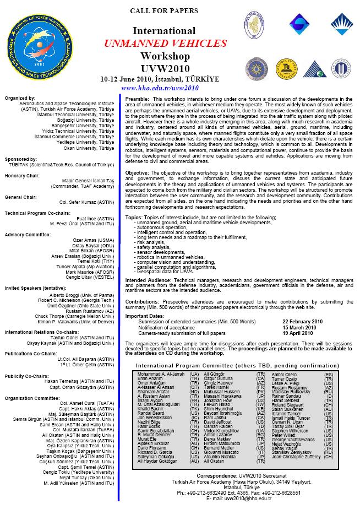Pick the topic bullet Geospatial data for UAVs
tap(165, 272)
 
